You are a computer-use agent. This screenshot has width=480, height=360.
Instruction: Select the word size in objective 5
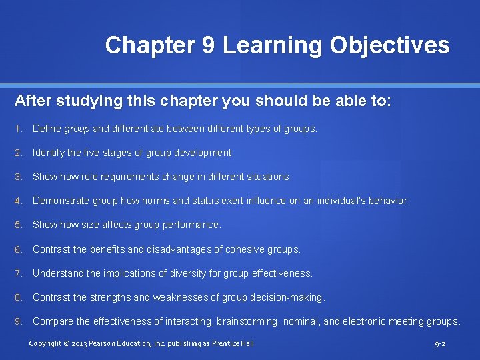click(90, 225)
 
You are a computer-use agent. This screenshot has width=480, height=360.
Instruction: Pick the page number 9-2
click(440, 344)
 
